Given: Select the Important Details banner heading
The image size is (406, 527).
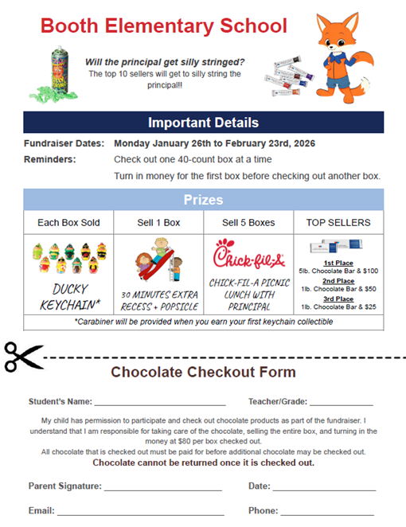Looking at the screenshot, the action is tap(203, 123).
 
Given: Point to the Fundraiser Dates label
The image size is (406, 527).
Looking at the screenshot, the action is tap(64, 143).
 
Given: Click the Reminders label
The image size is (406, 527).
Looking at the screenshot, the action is tap(50, 159).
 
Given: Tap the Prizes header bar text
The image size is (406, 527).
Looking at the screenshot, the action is tap(203, 200).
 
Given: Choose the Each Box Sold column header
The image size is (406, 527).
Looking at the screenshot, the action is tap(68, 222).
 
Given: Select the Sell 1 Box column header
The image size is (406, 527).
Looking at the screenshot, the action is tap(158, 222).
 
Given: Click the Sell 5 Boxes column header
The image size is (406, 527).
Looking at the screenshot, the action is tap(248, 222).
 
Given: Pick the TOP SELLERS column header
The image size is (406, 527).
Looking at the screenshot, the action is tap(338, 222).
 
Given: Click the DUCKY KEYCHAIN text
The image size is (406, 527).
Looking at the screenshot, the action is tap(68, 298).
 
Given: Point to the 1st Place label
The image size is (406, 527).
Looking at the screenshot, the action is tap(338, 262).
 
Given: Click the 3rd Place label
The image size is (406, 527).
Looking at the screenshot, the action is tap(338, 299).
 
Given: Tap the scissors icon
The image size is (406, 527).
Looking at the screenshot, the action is tap(22, 356).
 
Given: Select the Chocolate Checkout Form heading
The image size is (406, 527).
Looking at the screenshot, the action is tap(203, 372).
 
